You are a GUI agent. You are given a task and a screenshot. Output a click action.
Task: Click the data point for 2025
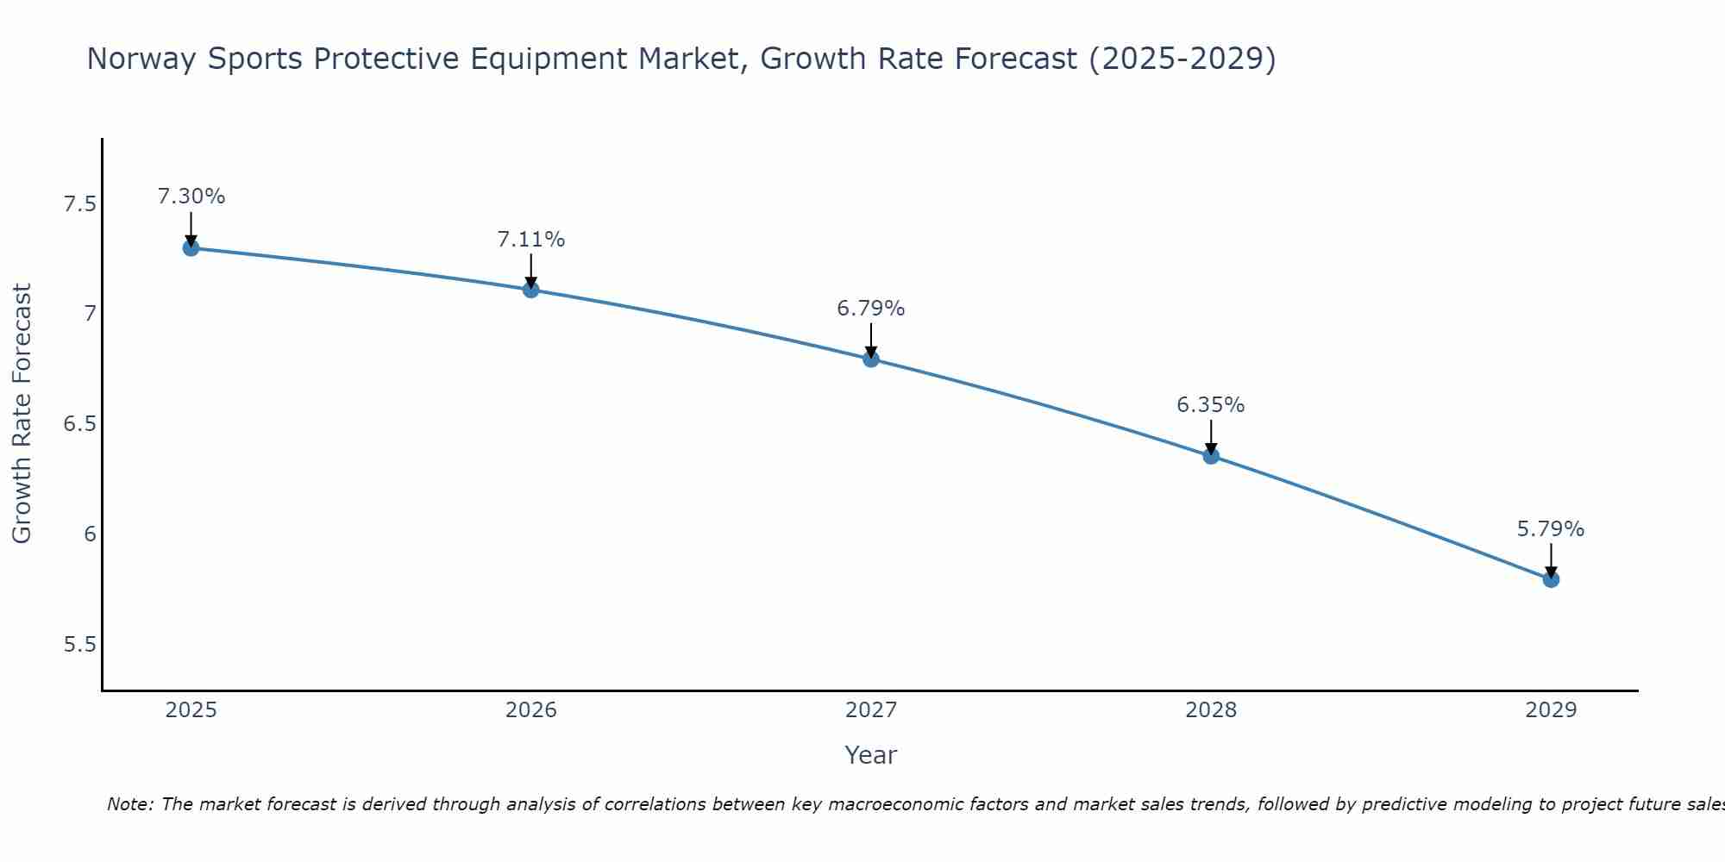tap(191, 248)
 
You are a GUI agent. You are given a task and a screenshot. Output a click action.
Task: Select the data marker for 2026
tap(531, 290)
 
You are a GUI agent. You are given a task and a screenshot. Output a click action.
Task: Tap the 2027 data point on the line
tap(871, 359)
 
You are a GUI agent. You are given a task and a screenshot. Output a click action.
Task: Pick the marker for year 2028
tap(1211, 456)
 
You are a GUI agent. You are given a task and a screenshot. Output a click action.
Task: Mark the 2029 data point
tap(1551, 579)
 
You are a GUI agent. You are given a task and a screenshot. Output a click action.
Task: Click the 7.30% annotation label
tap(191, 197)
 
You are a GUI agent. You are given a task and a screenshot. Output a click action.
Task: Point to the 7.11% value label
tap(531, 240)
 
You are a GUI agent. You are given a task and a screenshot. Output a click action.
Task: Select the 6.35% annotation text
tap(1211, 405)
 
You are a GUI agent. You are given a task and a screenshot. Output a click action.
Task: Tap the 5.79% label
tap(1551, 529)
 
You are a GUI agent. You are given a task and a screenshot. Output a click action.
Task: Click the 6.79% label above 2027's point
tap(871, 309)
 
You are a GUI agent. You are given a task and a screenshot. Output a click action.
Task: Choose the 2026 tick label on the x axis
tap(531, 710)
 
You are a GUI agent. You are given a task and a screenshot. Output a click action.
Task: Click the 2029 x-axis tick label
tap(1551, 710)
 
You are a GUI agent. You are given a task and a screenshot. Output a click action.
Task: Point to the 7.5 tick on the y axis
tap(79, 204)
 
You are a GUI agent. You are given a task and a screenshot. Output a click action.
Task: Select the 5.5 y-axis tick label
tap(79, 645)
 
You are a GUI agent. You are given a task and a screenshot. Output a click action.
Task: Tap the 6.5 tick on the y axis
tap(79, 424)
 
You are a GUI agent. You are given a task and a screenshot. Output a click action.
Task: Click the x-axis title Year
tap(871, 755)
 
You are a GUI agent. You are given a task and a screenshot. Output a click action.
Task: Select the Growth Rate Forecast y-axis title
tap(22, 414)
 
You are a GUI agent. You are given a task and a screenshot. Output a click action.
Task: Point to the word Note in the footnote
tap(129, 804)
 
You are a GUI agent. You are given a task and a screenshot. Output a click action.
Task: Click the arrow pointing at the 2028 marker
tap(1211, 436)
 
